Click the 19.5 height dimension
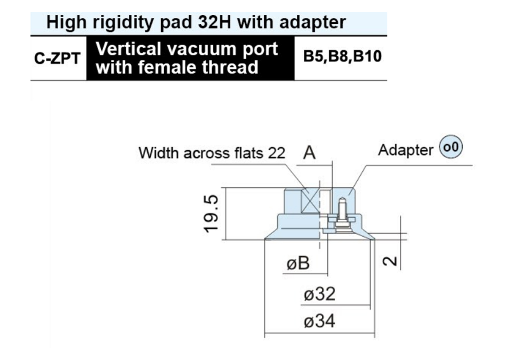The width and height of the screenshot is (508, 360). click(x=211, y=214)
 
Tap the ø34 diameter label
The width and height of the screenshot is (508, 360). click(x=319, y=321)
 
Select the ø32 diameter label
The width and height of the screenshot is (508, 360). click(x=319, y=294)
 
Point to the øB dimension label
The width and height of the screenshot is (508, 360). click(x=298, y=263)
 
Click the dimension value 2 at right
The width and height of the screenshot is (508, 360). click(x=389, y=261)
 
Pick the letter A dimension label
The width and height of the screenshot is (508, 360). click(x=309, y=153)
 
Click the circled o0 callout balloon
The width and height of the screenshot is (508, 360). click(x=451, y=147)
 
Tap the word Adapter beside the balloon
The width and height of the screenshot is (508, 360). click(x=406, y=150)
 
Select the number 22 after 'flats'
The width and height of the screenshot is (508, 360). click(x=276, y=153)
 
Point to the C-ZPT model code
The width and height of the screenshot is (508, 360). click(x=58, y=58)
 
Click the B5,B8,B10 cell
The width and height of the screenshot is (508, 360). click(x=342, y=56)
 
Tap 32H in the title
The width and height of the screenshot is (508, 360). click(x=214, y=22)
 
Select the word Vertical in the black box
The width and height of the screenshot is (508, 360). click(x=128, y=49)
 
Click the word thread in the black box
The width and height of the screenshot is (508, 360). click(x=230, y=67)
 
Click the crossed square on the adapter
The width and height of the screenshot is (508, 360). click(x=310, y=200)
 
